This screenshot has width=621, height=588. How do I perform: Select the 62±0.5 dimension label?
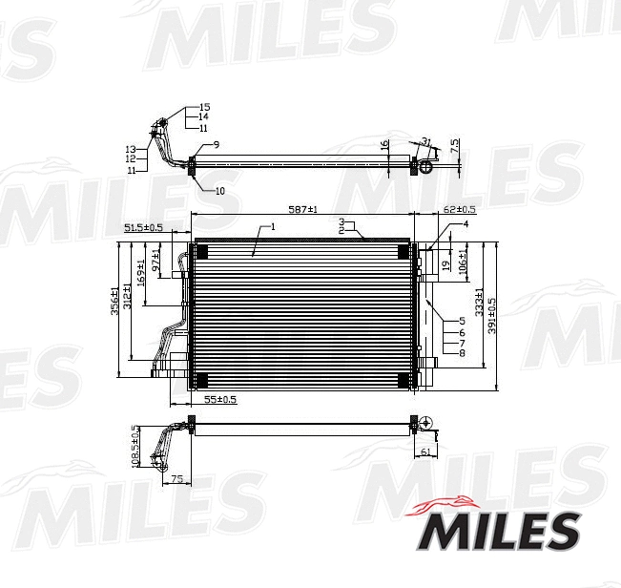coord(460,208)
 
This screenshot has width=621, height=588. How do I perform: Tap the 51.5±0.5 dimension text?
coord(144,227)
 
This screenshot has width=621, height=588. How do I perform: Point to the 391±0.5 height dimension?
coord(492,314)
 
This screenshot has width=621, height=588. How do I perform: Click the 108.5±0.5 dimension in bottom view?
coord(135,446)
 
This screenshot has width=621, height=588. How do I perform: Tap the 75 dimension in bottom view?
coord(176,479)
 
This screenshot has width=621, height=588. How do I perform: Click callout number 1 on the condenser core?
coord(272,227)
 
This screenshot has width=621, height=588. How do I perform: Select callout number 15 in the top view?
coord(204,107)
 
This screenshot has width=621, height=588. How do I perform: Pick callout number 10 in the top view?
coord(219,191)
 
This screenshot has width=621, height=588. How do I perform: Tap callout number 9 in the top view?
coord(217,143)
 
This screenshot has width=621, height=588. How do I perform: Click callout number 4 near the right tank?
coord(466,223)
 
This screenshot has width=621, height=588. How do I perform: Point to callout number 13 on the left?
coord(130,149)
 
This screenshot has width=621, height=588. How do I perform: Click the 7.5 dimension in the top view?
coord(455,146)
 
